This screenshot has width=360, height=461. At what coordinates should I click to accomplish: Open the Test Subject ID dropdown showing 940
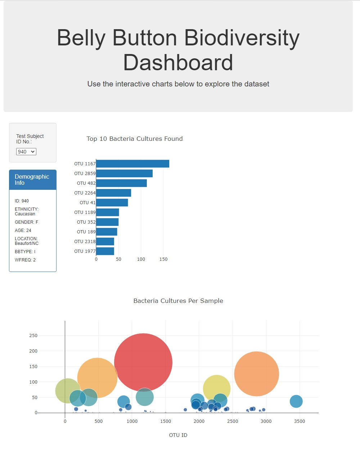coord(26,152)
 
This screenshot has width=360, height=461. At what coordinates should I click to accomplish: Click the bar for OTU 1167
coord(132,164)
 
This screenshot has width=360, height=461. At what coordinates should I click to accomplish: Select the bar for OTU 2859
coord(124,174)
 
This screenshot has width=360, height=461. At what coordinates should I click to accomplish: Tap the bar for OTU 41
coord(112,203)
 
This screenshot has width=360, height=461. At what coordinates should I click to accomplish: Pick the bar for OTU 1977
coord(105,251)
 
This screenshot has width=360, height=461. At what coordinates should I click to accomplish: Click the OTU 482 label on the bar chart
coord(86,183)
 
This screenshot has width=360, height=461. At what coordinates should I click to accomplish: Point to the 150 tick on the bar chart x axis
coord(163,259)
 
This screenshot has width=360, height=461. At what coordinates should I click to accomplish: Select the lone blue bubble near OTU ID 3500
coord(296,401)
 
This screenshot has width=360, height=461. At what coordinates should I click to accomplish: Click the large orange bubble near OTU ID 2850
coord(256,374)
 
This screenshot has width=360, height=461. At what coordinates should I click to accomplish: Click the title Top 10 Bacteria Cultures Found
coord(135,139)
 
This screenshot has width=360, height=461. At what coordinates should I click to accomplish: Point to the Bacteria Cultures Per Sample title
coord(178,301)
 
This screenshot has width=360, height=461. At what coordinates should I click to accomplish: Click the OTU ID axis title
coord(178,435)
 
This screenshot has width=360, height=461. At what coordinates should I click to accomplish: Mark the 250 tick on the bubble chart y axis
coord(33,336)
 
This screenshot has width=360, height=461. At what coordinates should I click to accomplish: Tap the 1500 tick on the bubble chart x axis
coord(166,421)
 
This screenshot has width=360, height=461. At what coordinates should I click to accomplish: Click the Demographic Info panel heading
coord(32,180)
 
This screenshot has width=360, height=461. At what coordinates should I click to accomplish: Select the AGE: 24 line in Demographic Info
coord(23,230)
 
